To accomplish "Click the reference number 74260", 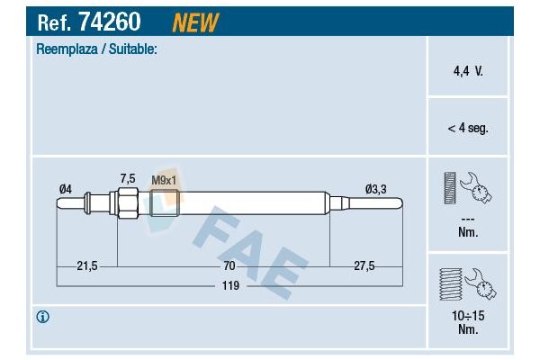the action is pos(110,22).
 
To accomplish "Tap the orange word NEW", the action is pos(195,22).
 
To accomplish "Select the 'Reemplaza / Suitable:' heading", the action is pos(96,49).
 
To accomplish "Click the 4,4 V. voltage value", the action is pos(468,71).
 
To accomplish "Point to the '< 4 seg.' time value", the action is pos(468,128).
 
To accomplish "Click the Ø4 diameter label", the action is pos(66,189).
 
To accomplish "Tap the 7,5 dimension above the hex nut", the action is pos(128,179).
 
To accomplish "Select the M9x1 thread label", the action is pos(164,180).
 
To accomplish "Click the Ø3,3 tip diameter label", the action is pos(375,189).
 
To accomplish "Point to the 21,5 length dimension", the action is pos(87,266).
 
